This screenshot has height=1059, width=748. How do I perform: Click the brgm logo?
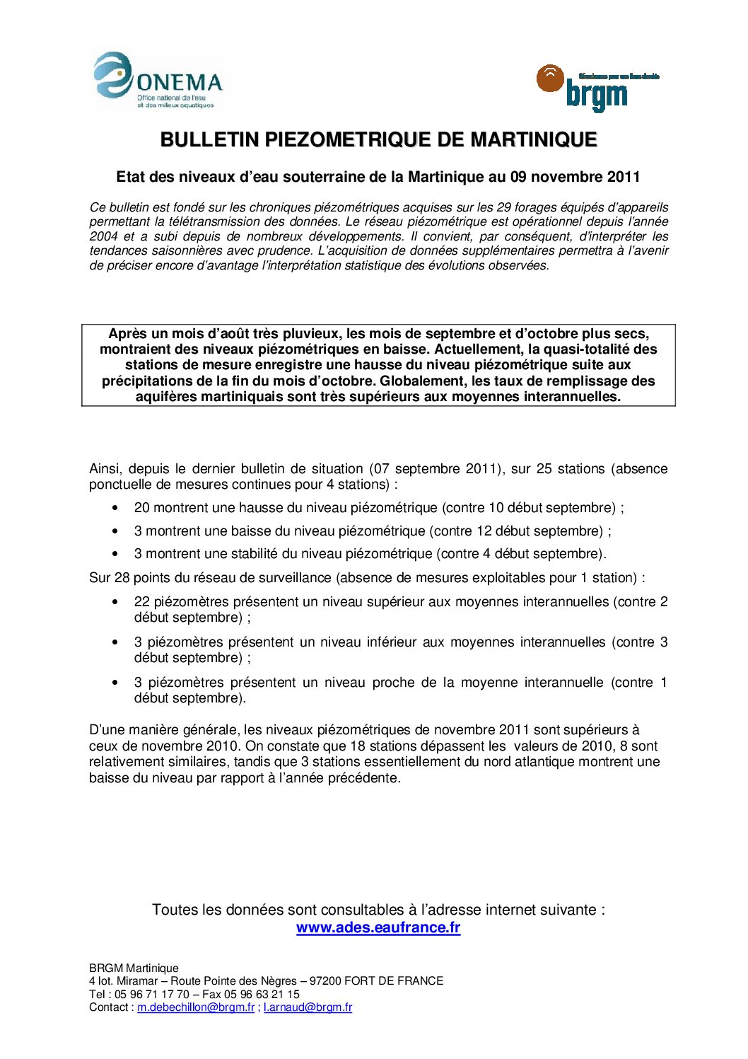pos(597,88)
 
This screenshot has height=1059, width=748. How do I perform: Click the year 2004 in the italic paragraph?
pos(103,236)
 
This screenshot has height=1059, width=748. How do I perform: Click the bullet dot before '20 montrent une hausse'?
pos(115,508)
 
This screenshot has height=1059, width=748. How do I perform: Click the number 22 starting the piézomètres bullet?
pos(141,601)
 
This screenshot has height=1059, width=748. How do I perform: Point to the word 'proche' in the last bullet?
pos(393,682)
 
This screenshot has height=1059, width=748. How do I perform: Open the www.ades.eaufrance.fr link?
pos(378,927)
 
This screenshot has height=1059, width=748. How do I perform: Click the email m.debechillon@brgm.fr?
pos(196,1007)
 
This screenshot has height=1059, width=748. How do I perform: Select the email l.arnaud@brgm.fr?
pos(308,1007)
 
